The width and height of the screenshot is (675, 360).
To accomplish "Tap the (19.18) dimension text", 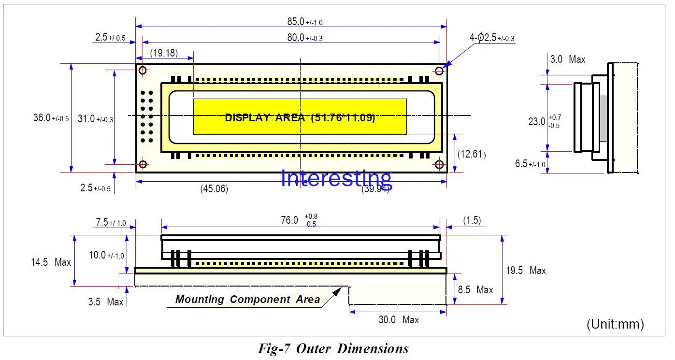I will (x=163, y=53).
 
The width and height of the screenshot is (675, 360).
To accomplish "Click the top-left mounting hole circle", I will (x=143, y=71).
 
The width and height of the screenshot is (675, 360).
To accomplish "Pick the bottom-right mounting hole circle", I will (x=439, y=165).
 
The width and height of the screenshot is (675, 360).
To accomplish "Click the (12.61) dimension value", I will (x=472, y=154).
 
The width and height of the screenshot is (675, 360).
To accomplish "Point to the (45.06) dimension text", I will (x=214, y=189).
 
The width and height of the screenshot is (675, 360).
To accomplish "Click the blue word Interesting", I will (x=336, y=178).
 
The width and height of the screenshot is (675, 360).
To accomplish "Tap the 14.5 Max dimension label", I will (x=51, y=262).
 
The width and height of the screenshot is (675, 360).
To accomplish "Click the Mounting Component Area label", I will (x=247, y=300).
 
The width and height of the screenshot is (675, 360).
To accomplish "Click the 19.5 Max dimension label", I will (x=526, y=271).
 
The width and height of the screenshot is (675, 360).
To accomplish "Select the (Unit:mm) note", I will (x=615, y=324).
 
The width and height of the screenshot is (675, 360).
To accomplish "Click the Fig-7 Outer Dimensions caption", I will (x=333, y=348).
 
